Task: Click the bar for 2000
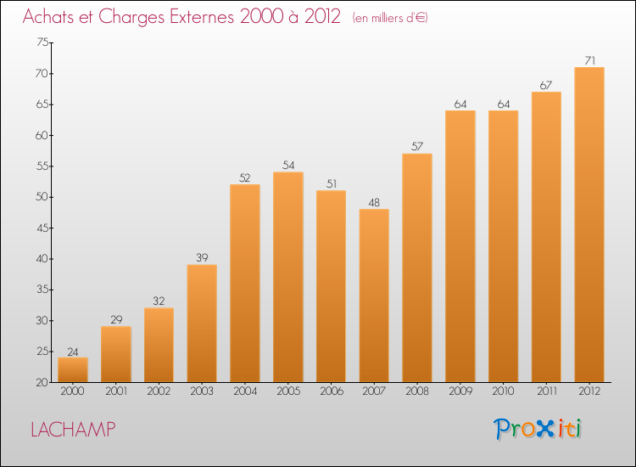point(73,369)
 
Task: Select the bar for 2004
point(245,283)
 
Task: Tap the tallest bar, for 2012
point(589,224)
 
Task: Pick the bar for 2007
point(374,295)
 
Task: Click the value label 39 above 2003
point(202,257)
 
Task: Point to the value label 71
point(589,60)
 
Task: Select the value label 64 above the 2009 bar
point(460,104)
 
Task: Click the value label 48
point(374,203)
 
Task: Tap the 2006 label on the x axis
point(332,391)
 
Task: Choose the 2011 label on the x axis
point(547,391)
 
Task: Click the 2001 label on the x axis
point(116,391)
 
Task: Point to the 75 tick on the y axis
point(42,42)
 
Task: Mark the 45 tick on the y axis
point(42,228)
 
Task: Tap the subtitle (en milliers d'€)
point(390,18)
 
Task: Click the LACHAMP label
point(74,430)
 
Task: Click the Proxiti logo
point(538,429)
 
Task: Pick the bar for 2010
point(504,246)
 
